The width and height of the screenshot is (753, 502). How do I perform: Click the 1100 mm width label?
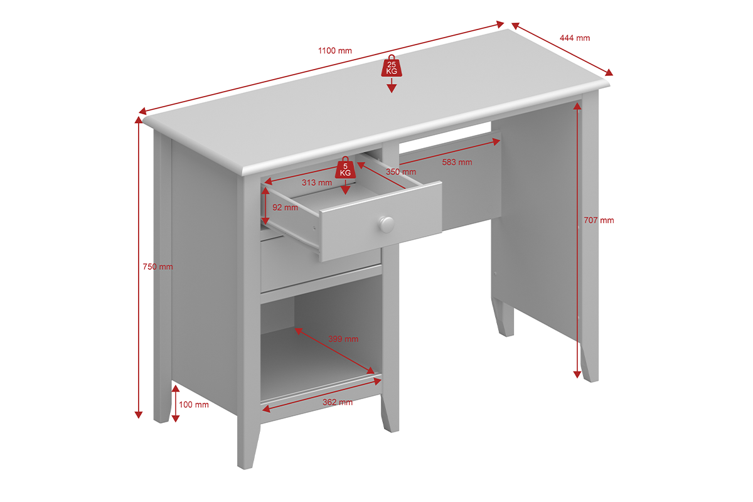(335, 51)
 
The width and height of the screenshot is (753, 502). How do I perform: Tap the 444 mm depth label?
(575, 38)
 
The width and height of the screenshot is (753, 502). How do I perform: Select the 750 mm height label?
(158, 267)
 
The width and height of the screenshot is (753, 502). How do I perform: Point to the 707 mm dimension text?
(599, 220)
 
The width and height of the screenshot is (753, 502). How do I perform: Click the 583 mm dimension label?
(457, 162)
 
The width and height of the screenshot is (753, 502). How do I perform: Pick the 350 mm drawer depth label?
(401, 172)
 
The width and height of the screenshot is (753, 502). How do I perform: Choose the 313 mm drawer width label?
(317, 183)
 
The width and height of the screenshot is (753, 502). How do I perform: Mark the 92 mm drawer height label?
(285, 208)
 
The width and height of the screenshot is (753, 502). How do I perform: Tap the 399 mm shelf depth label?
(343, 339)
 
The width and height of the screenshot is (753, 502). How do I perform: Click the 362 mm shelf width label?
(338, 402)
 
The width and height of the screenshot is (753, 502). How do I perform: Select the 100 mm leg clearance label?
(194, 405)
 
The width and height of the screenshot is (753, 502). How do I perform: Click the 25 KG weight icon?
(392, 66)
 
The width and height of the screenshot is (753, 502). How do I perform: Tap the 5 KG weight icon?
(345, 168)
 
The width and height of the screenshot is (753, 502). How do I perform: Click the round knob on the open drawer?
(387, 225)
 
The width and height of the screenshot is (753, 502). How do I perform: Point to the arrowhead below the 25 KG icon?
(392, 88)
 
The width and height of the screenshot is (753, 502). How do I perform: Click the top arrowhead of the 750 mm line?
(139, 120)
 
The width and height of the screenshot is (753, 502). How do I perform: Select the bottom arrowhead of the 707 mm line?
(577, 375)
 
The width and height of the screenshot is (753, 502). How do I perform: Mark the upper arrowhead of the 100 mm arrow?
(176, 388)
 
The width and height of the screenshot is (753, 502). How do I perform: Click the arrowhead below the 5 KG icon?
(345, 191)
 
